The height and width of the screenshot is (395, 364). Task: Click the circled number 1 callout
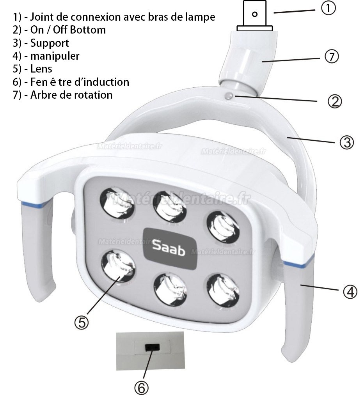click(328, 8)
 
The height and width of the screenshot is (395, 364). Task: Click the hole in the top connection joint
click(255, 14)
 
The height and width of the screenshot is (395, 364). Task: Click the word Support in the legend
click(50, 43)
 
